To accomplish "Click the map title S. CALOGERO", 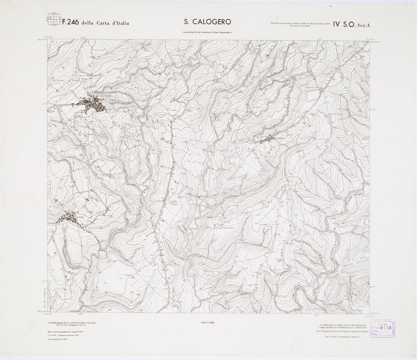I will [207, 22].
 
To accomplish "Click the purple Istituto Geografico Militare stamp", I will [382, 330].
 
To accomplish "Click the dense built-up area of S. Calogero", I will [94, 105].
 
